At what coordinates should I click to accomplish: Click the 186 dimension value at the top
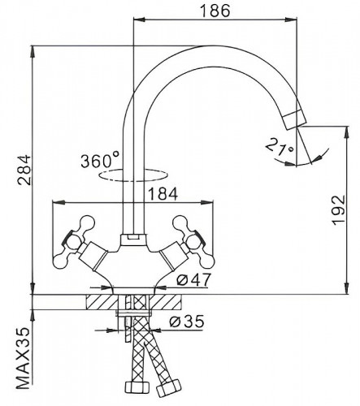[215, 11]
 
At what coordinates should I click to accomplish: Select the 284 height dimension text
[24, 170]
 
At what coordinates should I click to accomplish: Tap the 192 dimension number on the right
[339, 210]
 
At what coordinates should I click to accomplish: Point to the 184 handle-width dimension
[163, 194]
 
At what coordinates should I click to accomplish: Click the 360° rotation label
[100, 160]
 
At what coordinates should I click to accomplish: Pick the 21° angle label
[280, 146]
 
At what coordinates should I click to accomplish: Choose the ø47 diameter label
[193, 279]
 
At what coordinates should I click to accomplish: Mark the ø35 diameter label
[186, 322]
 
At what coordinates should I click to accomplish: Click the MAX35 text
[23, 358]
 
